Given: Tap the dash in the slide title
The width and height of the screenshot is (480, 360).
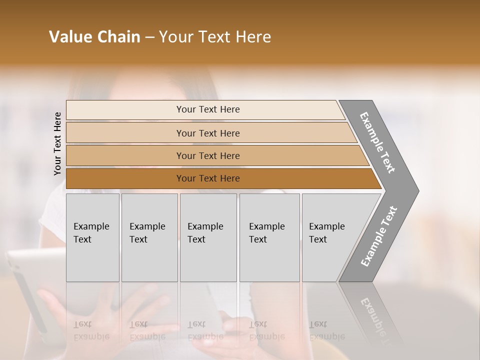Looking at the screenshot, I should click(x=149, y=37).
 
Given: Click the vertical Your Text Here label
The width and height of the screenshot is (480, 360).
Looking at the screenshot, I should click(x=57, y=143).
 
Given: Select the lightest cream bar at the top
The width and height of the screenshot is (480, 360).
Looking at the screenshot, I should click(x=205, y=109).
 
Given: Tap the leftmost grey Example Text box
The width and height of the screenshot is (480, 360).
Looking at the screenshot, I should click(x=92, y=237).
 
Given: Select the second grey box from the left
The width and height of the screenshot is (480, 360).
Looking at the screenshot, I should click(x=149, y=237).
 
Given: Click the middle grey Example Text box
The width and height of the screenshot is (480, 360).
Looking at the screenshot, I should click(x=208, y=237).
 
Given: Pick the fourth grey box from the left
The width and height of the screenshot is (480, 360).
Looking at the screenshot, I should click(x=269, y=237).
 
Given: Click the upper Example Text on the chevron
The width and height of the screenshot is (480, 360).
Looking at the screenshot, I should click(x=377, y=142).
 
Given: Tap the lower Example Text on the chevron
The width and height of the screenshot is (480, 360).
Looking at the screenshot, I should click(x=378, y=236).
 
